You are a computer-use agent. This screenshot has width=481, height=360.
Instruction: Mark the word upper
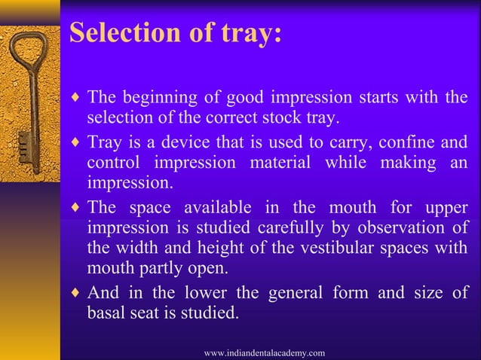pos(446,207)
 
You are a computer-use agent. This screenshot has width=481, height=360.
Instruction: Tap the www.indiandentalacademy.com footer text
pos(265,352)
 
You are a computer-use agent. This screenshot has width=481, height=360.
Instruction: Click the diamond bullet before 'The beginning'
pos(74,99)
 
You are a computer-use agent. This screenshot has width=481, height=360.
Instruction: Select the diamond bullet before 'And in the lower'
pos(74,293)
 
